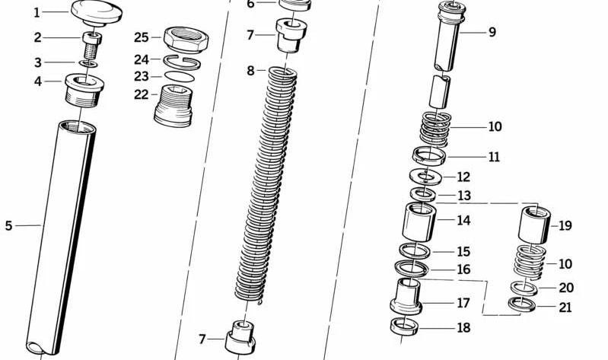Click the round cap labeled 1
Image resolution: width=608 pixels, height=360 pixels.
click(x=97, y=12)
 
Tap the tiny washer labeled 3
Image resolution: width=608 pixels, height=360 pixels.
click(x=89, y=64)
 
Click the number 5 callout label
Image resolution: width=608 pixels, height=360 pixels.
click(x=8, y=225)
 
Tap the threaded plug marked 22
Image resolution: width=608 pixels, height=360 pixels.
click(x=173, y=106)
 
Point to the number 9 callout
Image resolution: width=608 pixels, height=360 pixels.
click(x=492, y=33)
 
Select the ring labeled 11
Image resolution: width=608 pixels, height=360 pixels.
click(x=430, y=156)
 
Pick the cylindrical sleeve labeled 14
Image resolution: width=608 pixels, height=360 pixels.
click(x=419, y=221)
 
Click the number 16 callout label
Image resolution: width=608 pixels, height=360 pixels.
click(x=463, y=269)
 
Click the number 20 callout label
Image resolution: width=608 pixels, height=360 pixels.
click(x=566, y=288)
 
